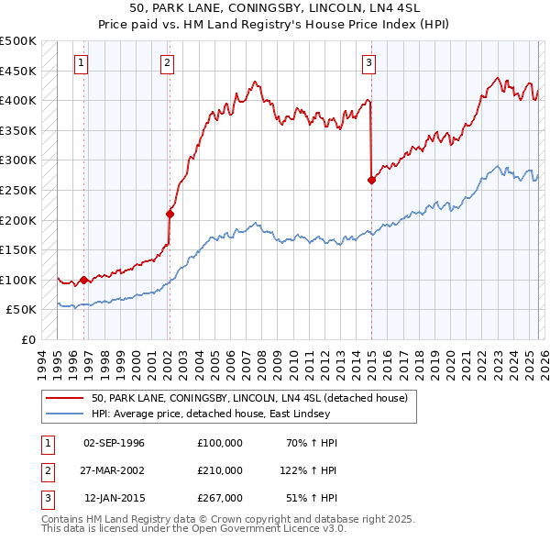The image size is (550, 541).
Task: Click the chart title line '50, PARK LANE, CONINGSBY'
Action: (x=275, y=7)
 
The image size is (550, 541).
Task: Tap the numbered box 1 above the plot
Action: (x=82, y=63)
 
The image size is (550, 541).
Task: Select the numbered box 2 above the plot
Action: (x=168, y=63)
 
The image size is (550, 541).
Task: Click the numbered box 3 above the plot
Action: (x=368, y=63)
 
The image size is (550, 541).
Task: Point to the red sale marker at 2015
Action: (x=371, y=181)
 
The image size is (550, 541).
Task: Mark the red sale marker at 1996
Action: (x=83, y=280)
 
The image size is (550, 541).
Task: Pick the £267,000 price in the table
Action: (x=220, y=498)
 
